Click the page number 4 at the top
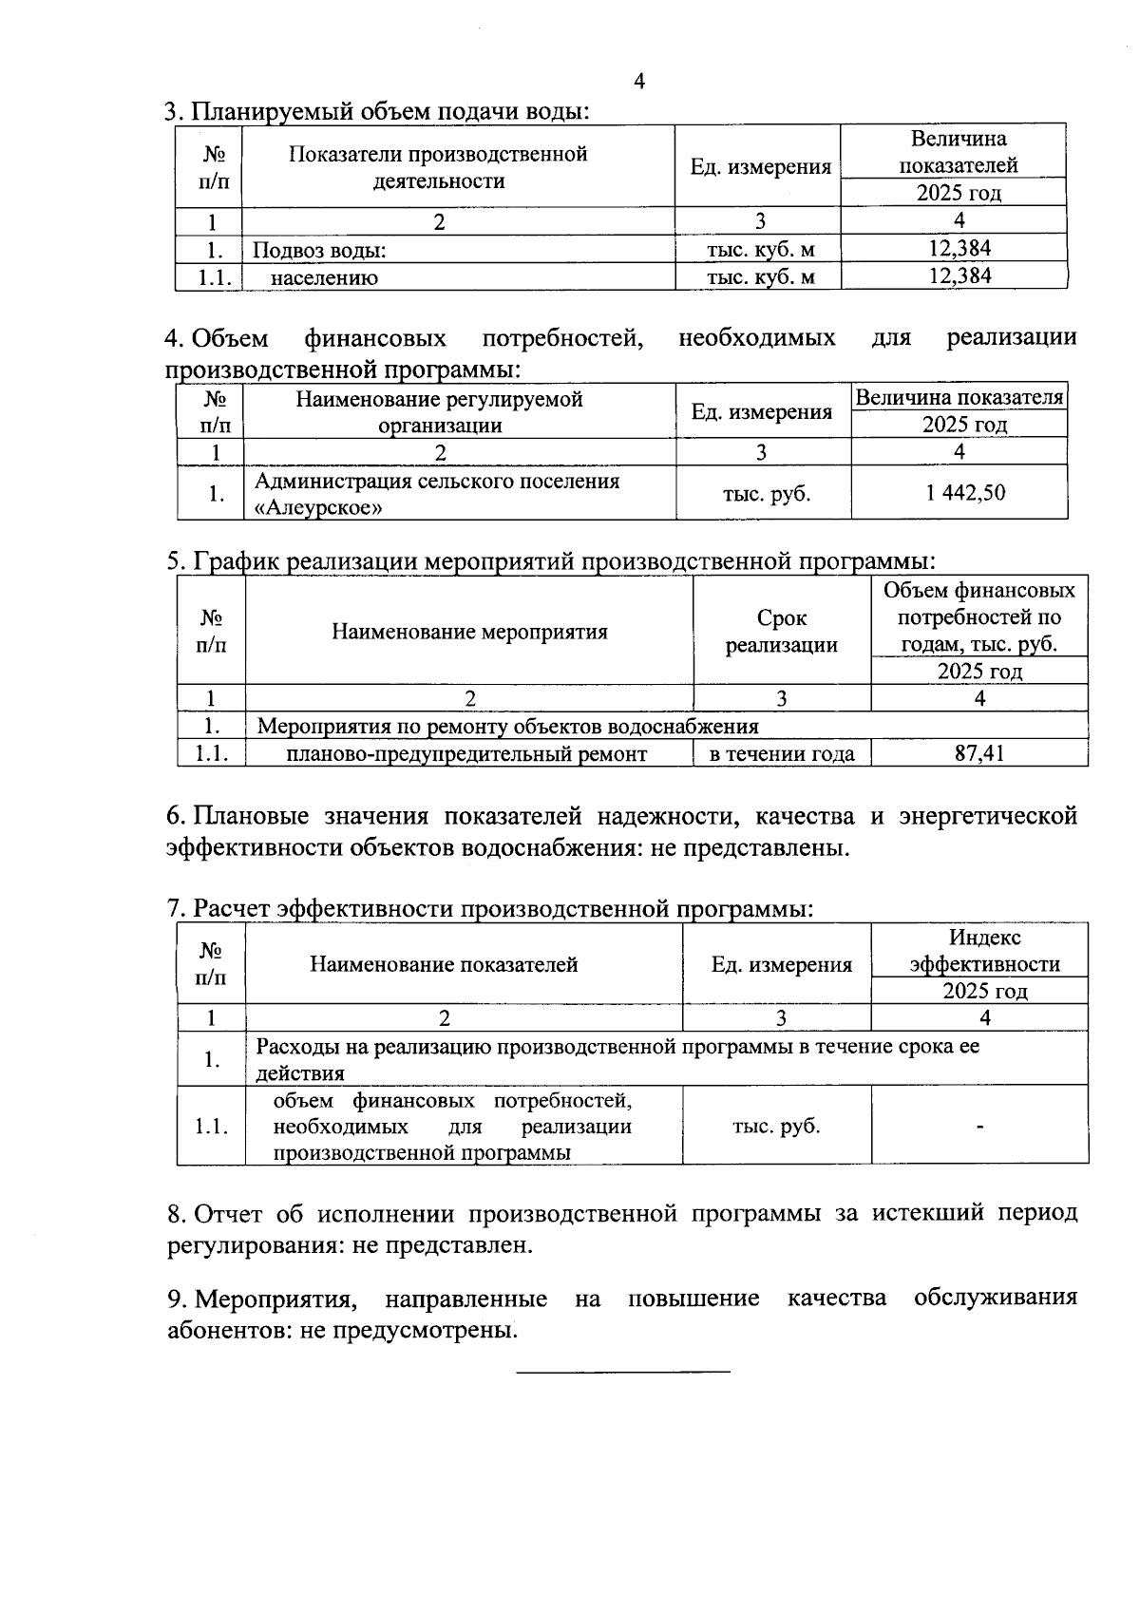click(x=639, y=82)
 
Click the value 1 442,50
click(x=959, y=492)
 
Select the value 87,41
click(x=979, y=753)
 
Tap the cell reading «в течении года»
click(x=782, y=754)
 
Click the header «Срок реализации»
click(x=782, y=632)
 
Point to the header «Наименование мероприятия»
click(x=469, y=632)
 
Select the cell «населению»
click(x=324, y=278)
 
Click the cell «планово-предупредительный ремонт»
click(x=466, y=754)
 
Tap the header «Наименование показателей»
click(x=444, y=964)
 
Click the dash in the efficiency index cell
click(x=979, y=1127)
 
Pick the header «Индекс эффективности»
click(x=984, y=951)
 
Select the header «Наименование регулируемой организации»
click(x=439, y=412)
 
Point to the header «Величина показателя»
click(x=959, y=398)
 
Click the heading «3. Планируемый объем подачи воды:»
click(x=377, y=111)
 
